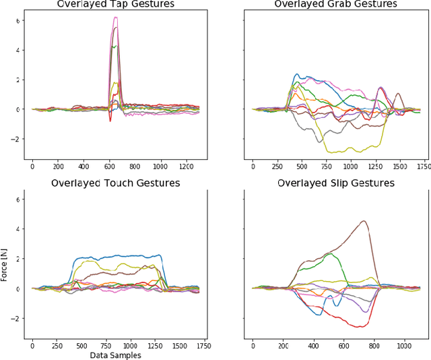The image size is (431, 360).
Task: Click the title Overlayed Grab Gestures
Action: (335, 4)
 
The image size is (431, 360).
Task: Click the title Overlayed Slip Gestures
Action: (335, 183)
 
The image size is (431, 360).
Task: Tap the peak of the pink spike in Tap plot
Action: (115, 18)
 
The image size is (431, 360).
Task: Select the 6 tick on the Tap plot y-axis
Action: (19, 20)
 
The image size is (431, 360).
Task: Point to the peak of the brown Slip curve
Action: (364, 221)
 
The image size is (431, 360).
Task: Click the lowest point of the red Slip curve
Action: (358, 327)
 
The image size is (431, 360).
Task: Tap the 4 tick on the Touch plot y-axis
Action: (19, 229)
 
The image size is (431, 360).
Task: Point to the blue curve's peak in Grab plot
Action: (296, 74)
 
